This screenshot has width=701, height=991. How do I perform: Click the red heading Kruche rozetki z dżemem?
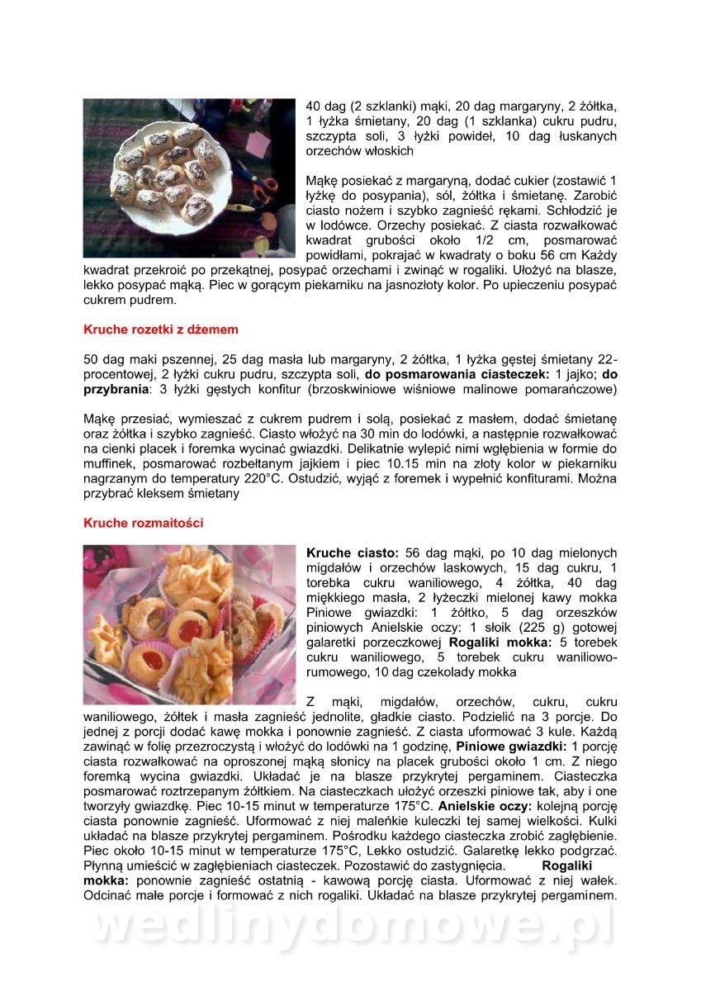(161, 330)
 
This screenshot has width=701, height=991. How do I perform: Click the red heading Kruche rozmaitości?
(143, 523)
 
